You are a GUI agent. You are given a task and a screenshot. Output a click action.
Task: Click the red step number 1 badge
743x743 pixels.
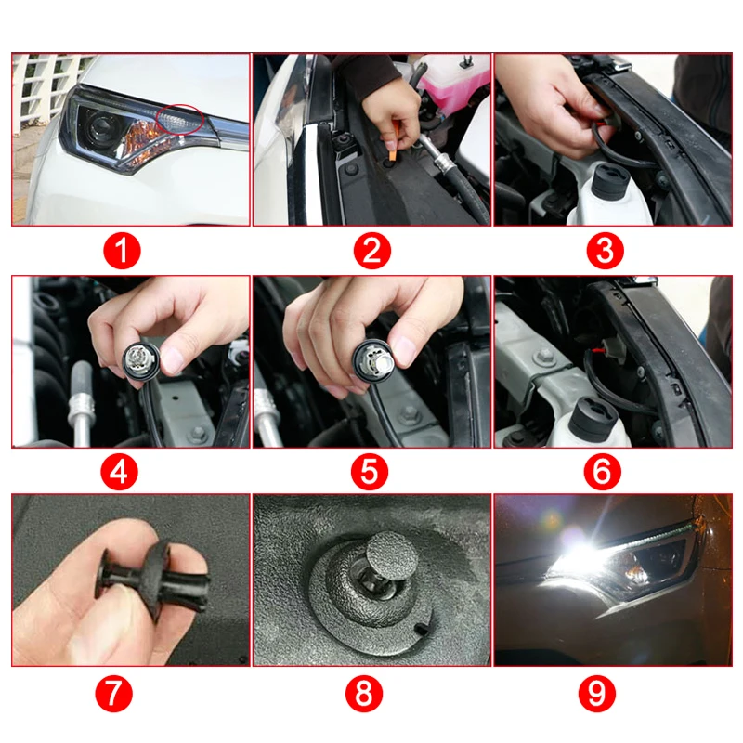point(122,251)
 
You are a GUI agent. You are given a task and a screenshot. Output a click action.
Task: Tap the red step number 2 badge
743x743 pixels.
point(372,251)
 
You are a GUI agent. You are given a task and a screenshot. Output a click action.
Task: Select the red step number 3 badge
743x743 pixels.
point(606,251)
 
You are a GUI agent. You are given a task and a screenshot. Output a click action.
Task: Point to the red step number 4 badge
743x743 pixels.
point(119,472)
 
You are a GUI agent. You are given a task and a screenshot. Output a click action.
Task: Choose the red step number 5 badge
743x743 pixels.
point(369,472)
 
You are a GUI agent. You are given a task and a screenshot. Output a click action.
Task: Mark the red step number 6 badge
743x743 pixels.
point(602,472)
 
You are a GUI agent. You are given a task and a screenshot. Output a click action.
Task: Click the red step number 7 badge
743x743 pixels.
point(113,693)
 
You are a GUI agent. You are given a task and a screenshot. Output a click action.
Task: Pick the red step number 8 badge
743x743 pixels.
point(364,693)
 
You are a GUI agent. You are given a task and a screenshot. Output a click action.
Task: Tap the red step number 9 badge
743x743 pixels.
point(597,693)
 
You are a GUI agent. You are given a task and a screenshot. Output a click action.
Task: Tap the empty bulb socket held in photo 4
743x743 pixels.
point(141,361)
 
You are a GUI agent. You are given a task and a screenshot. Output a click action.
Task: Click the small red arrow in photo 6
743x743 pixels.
point(593,352)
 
